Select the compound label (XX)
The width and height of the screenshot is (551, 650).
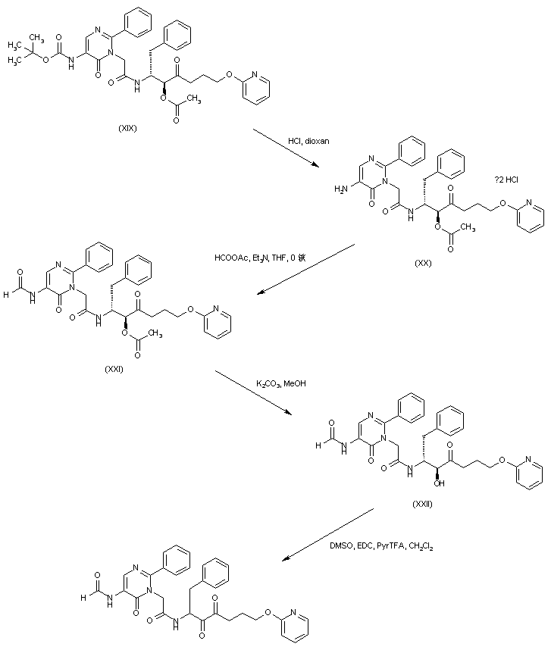click(x=422, y=262)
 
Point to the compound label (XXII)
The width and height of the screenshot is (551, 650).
click(x=422, y=504)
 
